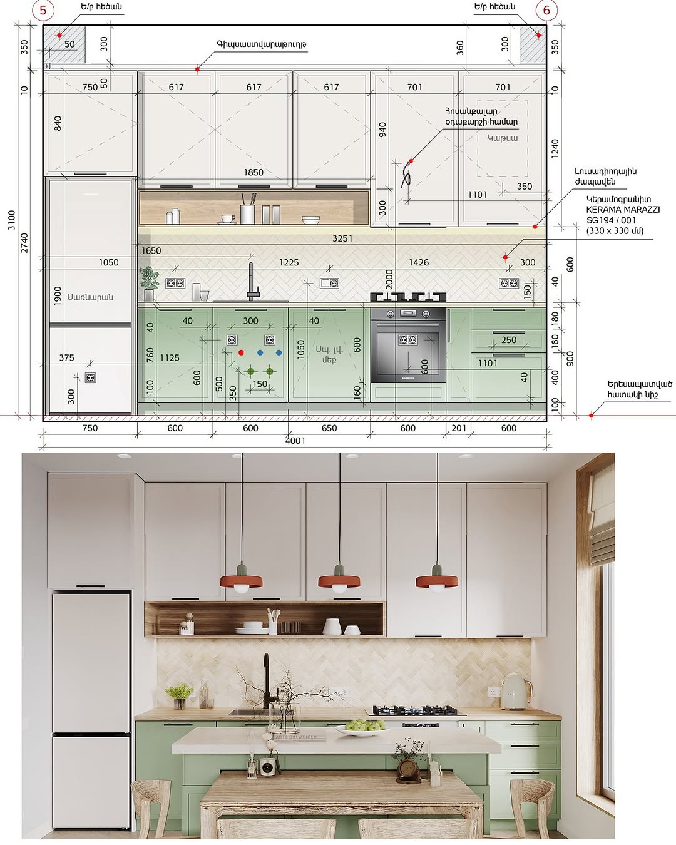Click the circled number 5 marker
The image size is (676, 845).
coord(43,10)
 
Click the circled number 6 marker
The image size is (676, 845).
coord(546,10)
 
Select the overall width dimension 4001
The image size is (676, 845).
coord(295,441)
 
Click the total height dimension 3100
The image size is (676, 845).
coord(11,220)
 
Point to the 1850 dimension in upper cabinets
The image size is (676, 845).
coord(253,172)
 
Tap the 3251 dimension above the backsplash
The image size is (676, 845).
coord(342,238)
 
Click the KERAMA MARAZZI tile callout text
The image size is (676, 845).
coord(622,210)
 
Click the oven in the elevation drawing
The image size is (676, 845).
coord(408,345)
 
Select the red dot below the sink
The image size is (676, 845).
coord(241,352)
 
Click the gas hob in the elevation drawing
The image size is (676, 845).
coord(408,297)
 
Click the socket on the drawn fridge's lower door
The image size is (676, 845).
coord(91,377)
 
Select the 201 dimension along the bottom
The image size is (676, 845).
coord(459,428)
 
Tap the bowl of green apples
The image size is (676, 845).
coord(362,727)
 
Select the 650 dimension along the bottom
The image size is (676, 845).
coord(329,428)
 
